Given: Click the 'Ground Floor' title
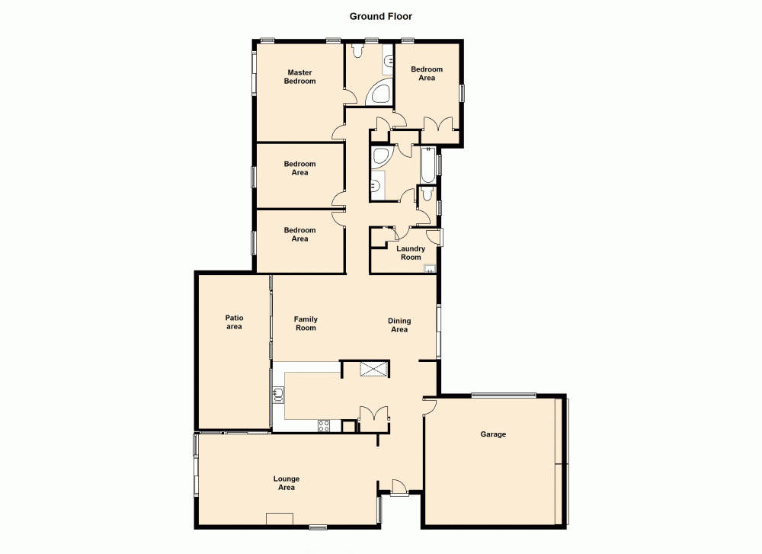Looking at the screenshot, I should click(381, 15).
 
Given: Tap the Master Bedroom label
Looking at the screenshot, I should click(299, 77).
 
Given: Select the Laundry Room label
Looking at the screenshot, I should click(411, 253).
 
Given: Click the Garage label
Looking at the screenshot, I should click(493, 434).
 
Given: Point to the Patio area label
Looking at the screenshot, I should click(234, 322).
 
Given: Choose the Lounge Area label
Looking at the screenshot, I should click(286, 483).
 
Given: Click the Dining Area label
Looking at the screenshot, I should click(399, 325).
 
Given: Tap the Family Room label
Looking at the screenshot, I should click(306, 324).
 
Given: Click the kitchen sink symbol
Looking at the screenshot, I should click(279, 394).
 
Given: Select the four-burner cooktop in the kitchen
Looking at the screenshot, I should click(324, 426).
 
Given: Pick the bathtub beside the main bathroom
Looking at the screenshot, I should click(427, 165).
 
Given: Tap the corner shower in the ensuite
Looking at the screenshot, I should click(379, 94).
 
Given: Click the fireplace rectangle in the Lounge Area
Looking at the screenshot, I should click(280, 519).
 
